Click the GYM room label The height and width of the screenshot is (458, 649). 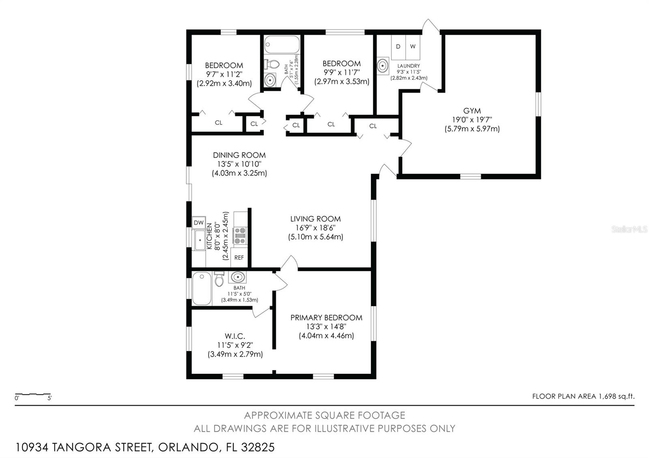[x=472, y=111]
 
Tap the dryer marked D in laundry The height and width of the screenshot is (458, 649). [x=398, y=47]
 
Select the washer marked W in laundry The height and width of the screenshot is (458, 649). [x=413, y=47]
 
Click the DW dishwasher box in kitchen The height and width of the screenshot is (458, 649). [x=199, y=223]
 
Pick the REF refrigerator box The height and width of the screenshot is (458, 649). [x=239, y=257]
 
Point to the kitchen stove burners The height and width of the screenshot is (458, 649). [x=240, y=235]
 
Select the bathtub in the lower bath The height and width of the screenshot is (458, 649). [x=202, y=288]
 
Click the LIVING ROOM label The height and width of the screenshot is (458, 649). [x=315, y=219]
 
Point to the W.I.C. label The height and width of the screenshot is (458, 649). [x=235, y=336]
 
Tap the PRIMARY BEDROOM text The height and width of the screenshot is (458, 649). [x=326, y=317]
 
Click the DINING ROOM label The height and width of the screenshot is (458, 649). [x=239, y=155]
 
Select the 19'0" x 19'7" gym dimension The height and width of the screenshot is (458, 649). [x=472, y=120]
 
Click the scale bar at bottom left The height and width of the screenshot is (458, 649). [x=33, y=394]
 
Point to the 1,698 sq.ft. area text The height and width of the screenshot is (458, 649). [x=616, y=396]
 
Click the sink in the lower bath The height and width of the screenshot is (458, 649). [x=237, y=277]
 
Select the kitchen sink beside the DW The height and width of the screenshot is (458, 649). [x=200, y=241]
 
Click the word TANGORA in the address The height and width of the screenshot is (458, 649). [x=79, y=447]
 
